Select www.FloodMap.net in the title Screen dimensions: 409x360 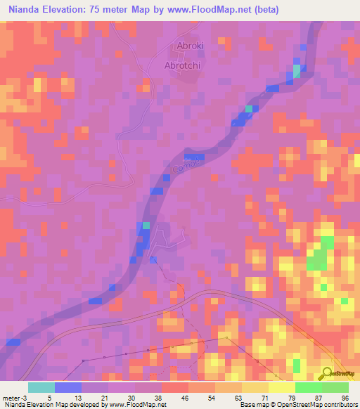tap(213, 10)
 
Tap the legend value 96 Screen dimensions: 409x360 tap(345, 396)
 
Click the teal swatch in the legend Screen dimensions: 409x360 tap(41, 387)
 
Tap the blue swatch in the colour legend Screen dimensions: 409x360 tap(68, 387)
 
